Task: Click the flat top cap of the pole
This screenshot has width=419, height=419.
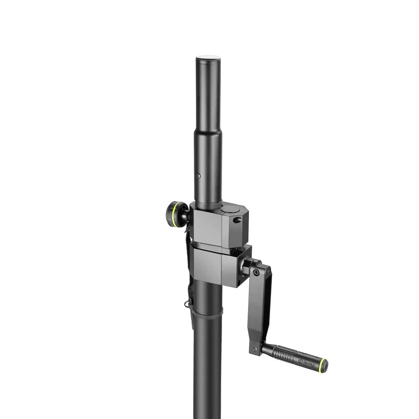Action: pyautogui.click(x=208, y=57)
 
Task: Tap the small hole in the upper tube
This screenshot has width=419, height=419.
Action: pyautogui.click(x=199, y=176)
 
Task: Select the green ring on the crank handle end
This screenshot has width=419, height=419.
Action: pyautogui.click(x=322, y=366)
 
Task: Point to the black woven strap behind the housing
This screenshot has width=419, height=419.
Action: pyautogui.click(x=189, y=268)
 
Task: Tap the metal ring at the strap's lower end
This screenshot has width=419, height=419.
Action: pyautogui.click(x=187, y=304)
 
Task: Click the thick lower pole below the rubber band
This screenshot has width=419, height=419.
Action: pyautogui.click(x=207, y=369)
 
